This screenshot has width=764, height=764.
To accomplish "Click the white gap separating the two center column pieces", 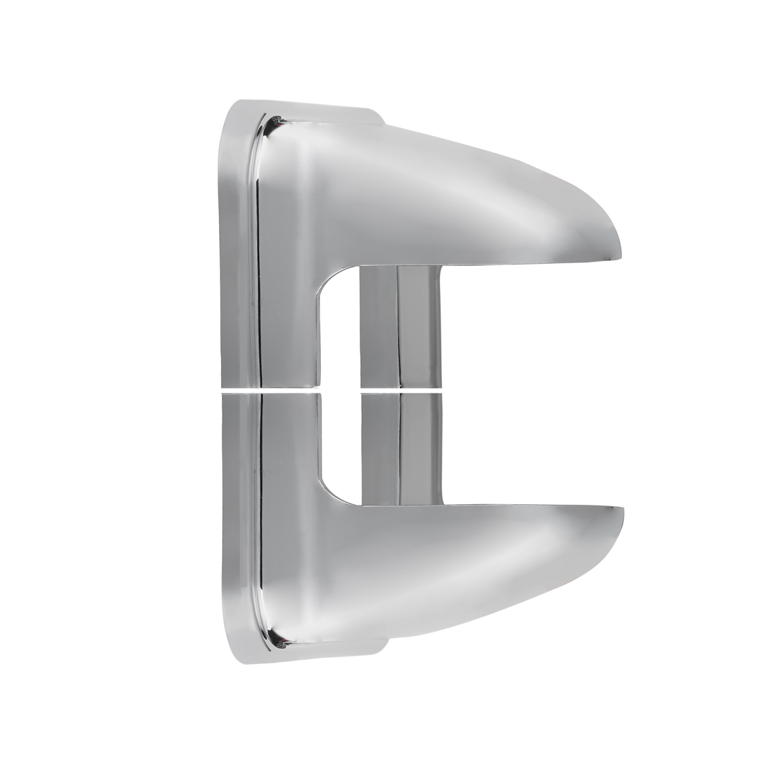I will [400, 386].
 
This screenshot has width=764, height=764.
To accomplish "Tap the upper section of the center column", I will [400, 325].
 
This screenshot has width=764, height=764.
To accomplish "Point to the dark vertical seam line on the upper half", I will [259, 255].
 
